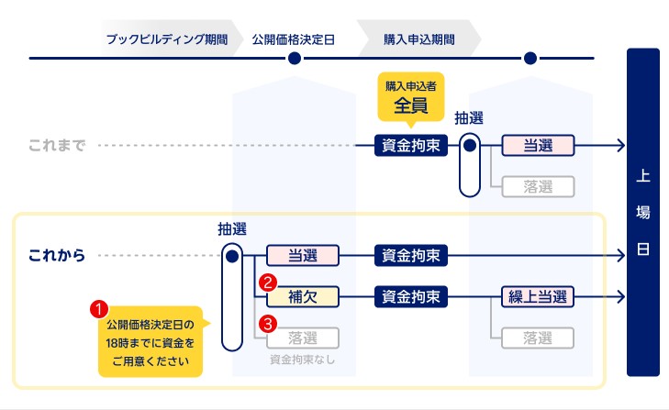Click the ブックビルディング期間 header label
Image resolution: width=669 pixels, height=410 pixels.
click(166, 39)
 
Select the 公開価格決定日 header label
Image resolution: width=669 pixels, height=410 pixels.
click(294, 39)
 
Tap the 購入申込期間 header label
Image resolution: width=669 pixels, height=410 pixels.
click(417, 39)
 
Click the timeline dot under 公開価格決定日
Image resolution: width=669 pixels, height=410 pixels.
click(294, 60)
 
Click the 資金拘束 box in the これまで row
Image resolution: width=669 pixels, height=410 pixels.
click(410, 146)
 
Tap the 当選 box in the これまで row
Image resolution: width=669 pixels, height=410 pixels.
click(538, 146)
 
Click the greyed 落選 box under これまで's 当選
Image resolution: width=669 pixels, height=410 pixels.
click(538, 186)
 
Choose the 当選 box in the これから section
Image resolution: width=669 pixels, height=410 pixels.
click(303, 255)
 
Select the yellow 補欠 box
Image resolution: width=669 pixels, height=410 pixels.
click(303, 296)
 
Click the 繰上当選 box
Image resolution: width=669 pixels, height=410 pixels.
click(538, 296)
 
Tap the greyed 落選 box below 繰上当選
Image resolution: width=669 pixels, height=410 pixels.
click(538, 338)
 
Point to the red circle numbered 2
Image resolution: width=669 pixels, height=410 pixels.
click(268, 283)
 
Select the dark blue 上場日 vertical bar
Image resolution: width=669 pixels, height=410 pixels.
click(642, 211)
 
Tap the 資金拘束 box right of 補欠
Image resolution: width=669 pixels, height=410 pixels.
click(410, 296)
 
